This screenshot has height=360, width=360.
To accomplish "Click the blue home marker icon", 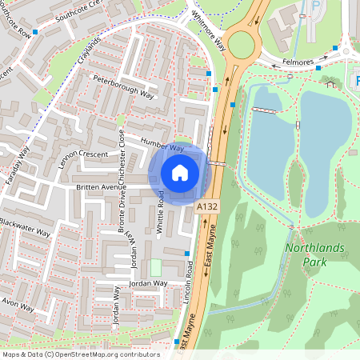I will [180, 172].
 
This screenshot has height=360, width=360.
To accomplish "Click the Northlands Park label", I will [314, 254].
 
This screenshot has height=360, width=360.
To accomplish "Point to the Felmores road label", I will [308, 61].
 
